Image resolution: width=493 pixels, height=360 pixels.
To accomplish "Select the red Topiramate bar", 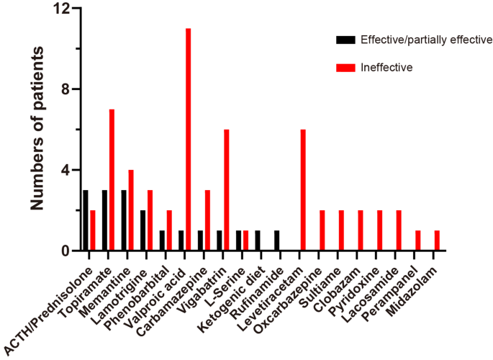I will coord(112,180).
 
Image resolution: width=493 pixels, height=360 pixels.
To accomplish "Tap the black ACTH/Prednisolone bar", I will coord(86,220).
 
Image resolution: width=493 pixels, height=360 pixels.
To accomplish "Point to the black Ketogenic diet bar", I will coord(258,240).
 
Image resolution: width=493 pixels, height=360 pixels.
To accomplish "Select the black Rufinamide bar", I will coord(277,240).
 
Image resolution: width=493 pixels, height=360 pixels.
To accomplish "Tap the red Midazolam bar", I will coord(437,240).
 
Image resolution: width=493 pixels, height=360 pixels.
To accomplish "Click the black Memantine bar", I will coord(124,220).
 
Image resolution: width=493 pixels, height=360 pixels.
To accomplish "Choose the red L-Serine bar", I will coord(245,240).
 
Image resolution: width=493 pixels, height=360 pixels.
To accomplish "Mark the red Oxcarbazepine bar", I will coord(322,230).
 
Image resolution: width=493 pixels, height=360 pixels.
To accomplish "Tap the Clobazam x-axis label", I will coord(345,277).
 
